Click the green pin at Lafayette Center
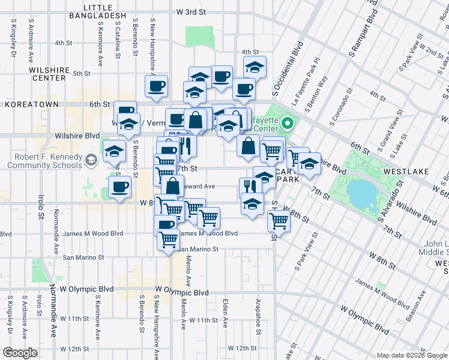click(x=288, y=125)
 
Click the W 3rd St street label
click(x=191, y=12)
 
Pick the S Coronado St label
click(x=338, y=108)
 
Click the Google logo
click(x=20, y=353)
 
